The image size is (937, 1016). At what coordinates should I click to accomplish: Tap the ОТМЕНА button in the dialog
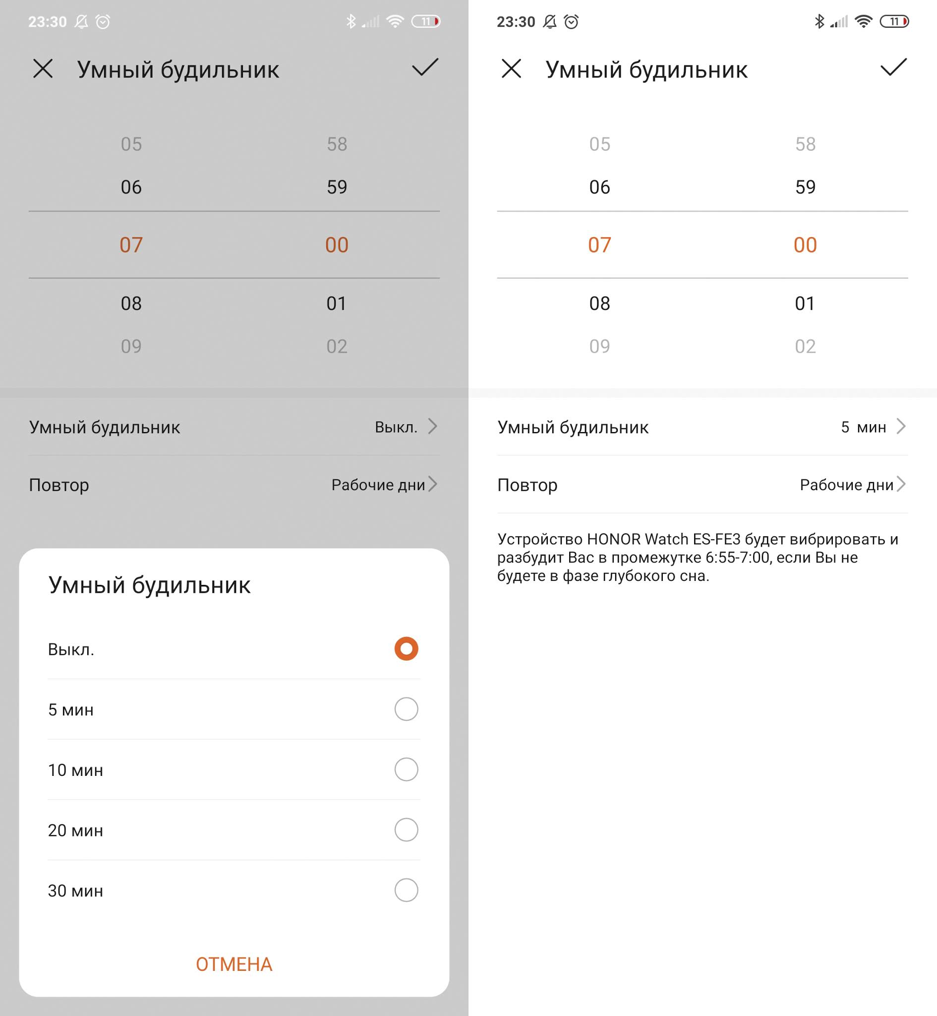coord(234,964)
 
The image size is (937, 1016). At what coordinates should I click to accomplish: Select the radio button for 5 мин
coord(406,709)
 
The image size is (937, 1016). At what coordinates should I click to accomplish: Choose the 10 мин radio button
coord(406,769)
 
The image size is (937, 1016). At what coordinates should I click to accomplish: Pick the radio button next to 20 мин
coord(406,830)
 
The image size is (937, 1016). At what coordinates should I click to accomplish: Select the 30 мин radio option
coord(406,890)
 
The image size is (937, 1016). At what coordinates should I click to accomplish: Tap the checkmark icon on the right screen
coord(893,67)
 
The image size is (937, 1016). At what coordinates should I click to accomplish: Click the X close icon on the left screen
coord(43,68)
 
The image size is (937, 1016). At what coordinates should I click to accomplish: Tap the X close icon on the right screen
coord(512,68)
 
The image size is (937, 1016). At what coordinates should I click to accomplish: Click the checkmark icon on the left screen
coord(425,67)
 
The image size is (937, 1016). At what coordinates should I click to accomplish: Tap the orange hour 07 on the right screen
coord(600,245)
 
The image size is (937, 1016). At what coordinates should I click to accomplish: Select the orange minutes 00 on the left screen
coord(337,245)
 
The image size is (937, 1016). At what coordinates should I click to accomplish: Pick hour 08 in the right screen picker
coord(600,303)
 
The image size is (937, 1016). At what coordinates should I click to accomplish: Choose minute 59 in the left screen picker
coord(337,187)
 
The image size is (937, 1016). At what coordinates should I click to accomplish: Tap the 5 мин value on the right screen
coord(864,427)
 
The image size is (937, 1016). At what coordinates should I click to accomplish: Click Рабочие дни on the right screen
coord(847,485)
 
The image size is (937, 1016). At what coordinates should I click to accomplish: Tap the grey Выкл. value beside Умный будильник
coord(396,427)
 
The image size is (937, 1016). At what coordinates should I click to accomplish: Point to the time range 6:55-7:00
coord(738,558)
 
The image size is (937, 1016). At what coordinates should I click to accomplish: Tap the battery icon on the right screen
coord(894,21)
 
